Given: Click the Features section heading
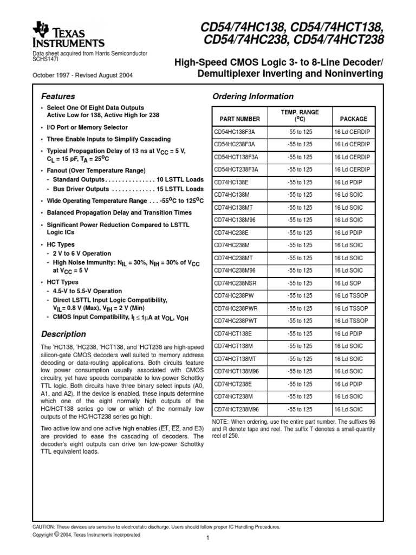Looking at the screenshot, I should (58, 96).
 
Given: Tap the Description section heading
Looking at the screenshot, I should (63, 334).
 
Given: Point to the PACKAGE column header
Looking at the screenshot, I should (353, 119).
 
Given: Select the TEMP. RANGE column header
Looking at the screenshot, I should (299, 115).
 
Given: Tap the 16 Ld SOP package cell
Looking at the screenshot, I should (349, 283).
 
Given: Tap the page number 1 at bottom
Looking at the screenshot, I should (207, 538).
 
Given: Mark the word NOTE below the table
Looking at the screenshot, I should (222, 422).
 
